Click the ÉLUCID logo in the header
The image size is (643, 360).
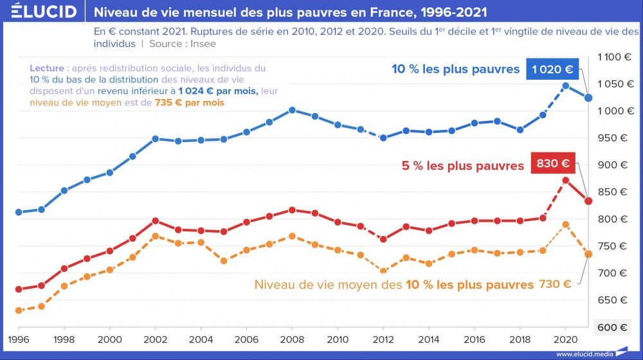tap(39, 12)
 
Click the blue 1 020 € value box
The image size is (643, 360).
tap(552, 69)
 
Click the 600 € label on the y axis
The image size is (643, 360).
tap(612, 327)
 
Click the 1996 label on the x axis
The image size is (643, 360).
tap(19, 339)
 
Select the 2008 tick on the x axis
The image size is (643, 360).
tap(292, 339)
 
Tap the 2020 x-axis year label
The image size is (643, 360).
tap(565, 339)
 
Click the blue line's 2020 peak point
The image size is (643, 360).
tap(565, 85)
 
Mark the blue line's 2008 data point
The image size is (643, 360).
tap(292, 110)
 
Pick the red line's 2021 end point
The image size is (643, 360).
tap(588, 201)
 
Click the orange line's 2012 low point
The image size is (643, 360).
tap(383, 271)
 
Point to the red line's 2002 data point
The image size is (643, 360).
tap(155, 221)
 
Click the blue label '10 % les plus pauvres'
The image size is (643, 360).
tap(455, 69)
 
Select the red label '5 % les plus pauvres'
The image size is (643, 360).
tap(463, 166)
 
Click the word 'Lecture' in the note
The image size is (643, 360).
tap(47, 68)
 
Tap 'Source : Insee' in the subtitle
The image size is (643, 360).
tap(183, 44)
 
